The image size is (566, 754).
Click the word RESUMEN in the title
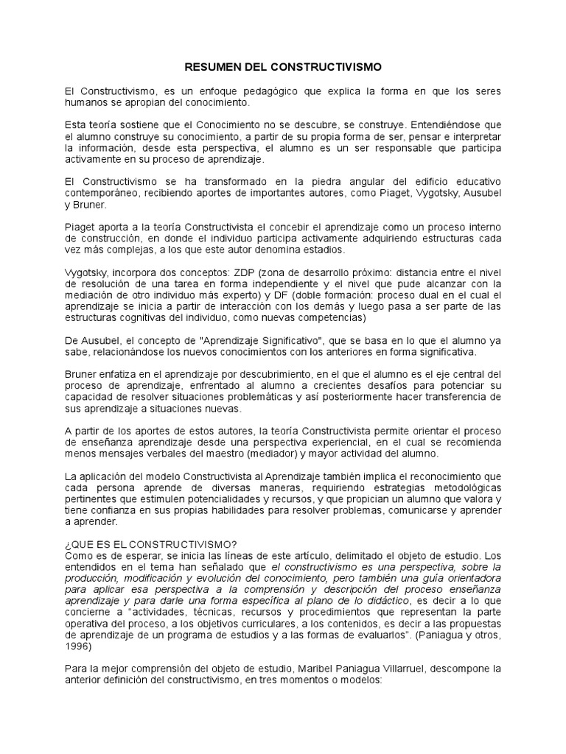coord(210,67)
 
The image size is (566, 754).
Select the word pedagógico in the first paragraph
coord(275,91)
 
